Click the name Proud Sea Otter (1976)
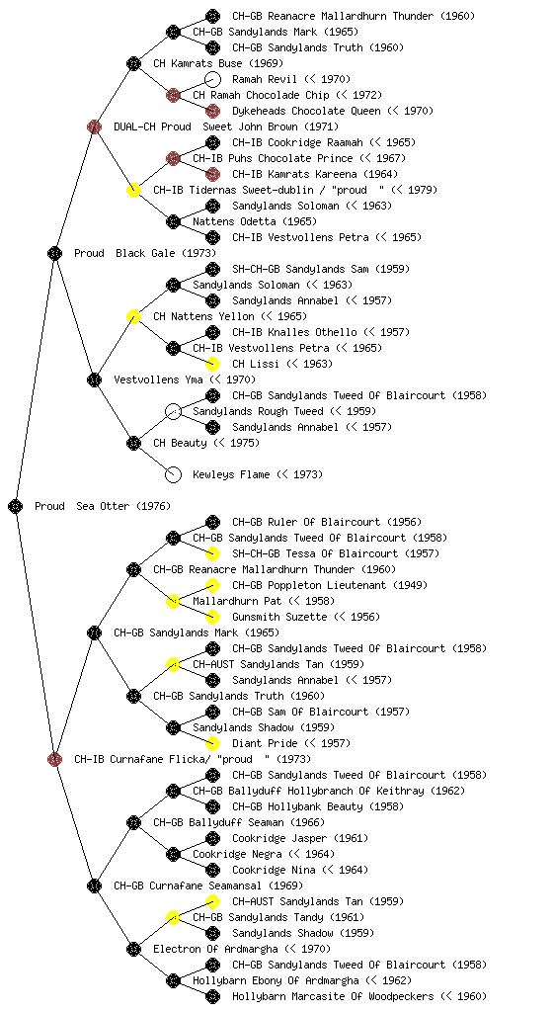tap(103, 506)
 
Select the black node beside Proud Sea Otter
tap(16, 506)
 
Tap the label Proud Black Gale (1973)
tap(145, 253)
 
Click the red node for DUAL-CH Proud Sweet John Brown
tap(94, 126)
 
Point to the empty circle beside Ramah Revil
tap(212, 79)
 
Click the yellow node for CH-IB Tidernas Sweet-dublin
tap(133, 190)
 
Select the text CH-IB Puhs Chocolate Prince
tap(273, 158)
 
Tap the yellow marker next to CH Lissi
tap(212, 364)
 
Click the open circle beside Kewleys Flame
tap(173, 474)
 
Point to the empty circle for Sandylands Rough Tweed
tap(173, 411)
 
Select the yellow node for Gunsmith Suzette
tap(212, 617)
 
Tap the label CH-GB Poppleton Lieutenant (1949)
tap(330, 585)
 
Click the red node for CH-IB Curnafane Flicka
tap(54, 759)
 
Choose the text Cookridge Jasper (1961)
tap(300, 838)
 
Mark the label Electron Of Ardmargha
tap(215, 949)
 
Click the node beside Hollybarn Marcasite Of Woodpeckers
tap(212, 996)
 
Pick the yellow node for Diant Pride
tap(212, 743)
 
